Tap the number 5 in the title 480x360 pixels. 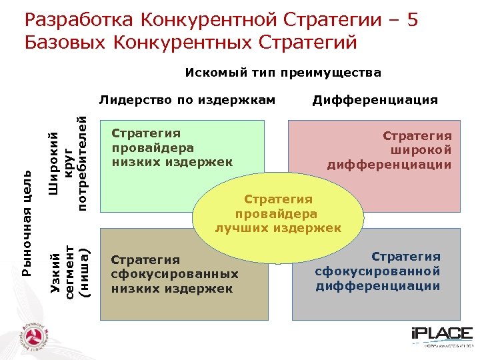(411, 20)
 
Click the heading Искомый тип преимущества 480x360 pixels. (283, 73)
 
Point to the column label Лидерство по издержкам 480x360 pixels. (187, 100)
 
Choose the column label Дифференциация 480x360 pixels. (375, 100)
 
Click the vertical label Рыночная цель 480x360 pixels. (27, 223)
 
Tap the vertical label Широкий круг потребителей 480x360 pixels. (70, 163)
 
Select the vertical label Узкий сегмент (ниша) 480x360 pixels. (70, 272)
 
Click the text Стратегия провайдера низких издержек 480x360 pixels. (171, 147)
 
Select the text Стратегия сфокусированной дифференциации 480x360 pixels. (378, 271)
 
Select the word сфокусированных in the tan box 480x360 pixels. (175, 274)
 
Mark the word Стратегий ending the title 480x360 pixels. (309, 43)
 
